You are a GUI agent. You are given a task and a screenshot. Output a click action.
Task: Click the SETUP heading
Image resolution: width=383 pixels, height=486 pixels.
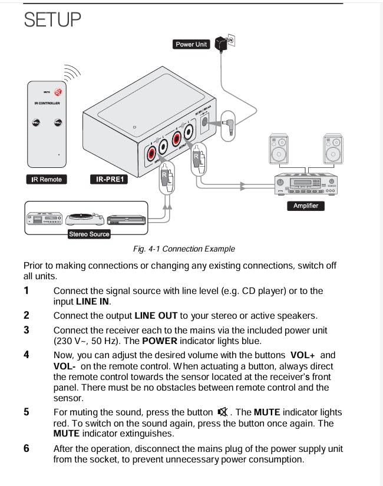tap(52, 19)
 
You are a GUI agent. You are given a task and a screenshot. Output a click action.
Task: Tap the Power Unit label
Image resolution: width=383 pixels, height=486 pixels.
tap(192, 44)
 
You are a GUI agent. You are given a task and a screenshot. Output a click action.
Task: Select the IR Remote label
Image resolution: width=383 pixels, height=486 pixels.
tap(47, 179)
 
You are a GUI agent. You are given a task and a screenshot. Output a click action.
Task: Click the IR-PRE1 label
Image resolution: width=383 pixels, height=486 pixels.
tap(108, 179)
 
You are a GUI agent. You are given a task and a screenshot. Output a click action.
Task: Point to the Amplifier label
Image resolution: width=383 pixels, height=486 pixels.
tap(305, 206)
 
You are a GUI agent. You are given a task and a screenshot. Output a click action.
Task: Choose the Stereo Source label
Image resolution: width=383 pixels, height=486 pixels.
tap(89, 234)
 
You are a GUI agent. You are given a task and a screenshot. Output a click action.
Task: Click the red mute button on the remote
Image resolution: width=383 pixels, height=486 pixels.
tap(58, 92)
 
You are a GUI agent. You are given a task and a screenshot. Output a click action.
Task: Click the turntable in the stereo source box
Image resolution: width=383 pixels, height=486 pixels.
tap(86, 219)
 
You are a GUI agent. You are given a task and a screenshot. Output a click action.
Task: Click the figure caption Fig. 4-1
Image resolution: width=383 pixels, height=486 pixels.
tap(184, 249)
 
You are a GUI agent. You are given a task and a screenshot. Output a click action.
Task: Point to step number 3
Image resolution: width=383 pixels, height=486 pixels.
tap(27, 330)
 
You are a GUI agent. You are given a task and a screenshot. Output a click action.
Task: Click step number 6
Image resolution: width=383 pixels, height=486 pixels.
tap(27, 448)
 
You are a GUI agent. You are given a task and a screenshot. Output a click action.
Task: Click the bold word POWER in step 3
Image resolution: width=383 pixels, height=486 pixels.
tap(160, 340)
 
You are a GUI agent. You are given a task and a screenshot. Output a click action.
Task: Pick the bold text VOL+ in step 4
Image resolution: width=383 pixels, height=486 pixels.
tap(303, 355)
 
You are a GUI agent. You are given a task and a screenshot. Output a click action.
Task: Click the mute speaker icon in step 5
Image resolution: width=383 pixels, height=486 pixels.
tap(222, 412)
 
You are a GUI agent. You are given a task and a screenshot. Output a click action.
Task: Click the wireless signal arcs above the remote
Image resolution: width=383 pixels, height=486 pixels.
tap(72, 73)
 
